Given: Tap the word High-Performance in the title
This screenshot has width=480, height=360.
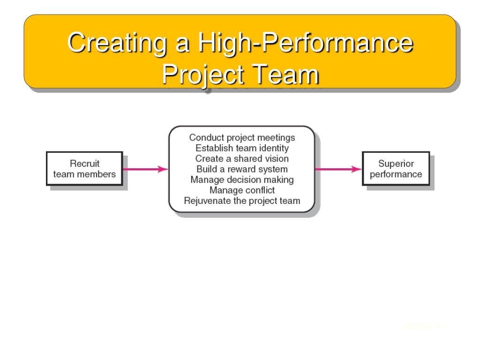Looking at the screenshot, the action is coord(305,43).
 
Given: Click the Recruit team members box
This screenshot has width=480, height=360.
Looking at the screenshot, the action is coord(84,169).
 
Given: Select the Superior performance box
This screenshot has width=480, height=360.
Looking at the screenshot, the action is coord(396,169).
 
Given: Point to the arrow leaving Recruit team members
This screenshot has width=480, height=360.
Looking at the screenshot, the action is coord(145,169).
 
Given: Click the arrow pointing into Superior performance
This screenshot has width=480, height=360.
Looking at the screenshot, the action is coord(338,169).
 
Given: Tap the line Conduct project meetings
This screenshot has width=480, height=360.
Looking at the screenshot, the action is coord(242,137).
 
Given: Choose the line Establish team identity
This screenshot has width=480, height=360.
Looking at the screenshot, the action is coord(242,148).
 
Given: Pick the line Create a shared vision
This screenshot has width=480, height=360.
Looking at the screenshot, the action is coord(242,158).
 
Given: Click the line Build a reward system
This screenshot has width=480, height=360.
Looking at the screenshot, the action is coord(242,169).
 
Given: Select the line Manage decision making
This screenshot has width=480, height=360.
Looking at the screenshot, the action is coord(242,180).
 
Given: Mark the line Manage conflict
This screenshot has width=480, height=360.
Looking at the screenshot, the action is coord(242,190).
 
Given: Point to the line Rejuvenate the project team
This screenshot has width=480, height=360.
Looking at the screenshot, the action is coord(242,201).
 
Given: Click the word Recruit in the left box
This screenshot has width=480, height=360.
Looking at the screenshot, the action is coord(84,164).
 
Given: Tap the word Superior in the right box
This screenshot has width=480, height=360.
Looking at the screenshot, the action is coord(396,164).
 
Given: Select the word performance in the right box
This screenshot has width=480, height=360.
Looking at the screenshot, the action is coord(396,174).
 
